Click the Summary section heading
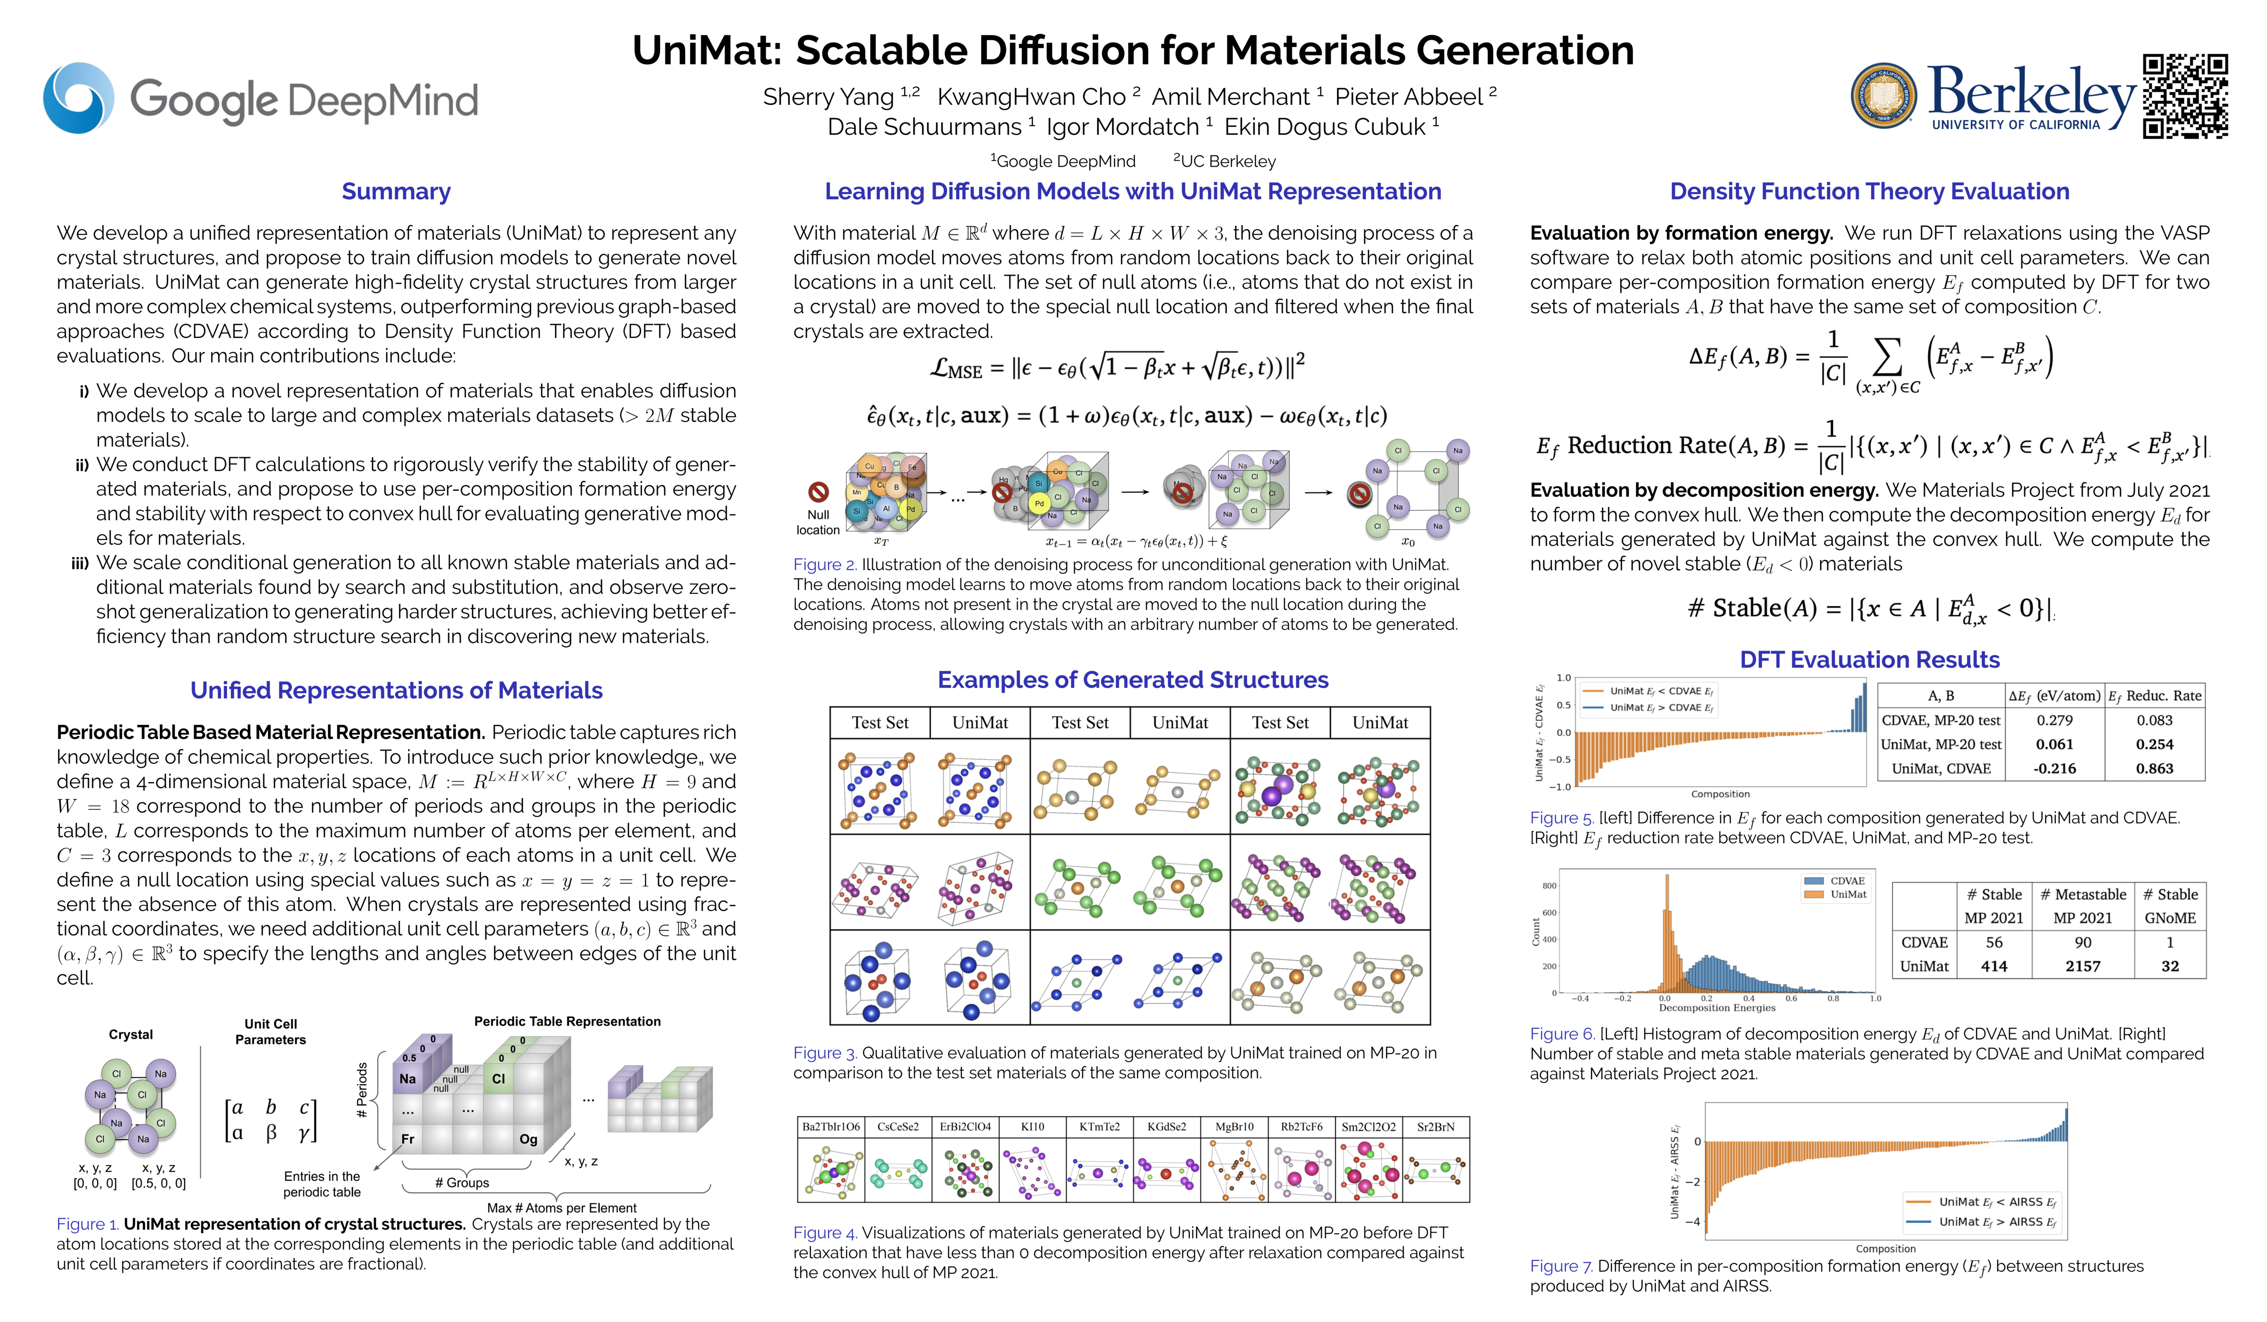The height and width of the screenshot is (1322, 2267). [x=396, y=191]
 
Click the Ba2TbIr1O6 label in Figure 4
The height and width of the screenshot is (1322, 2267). [x=830, y=1127]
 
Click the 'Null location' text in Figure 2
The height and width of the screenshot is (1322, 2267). [x=818, y=522]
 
